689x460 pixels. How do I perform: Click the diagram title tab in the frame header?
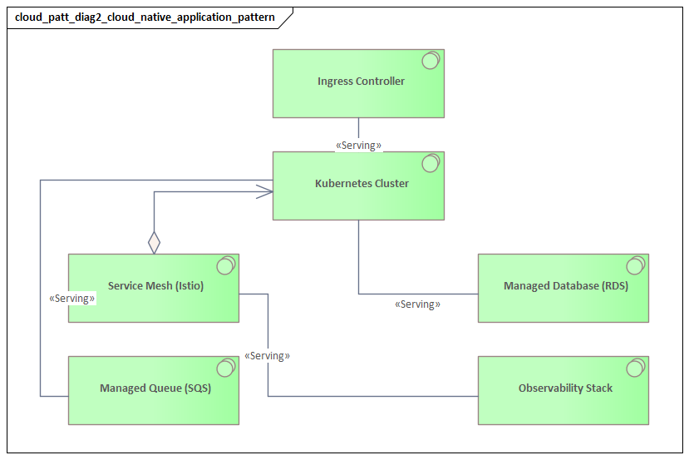145,17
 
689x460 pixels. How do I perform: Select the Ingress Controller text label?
361,82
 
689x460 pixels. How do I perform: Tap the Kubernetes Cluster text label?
362,184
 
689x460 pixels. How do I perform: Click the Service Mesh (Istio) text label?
155,286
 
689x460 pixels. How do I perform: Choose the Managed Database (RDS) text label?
565,286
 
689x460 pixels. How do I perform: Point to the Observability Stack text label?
565,388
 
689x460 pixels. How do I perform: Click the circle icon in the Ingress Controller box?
431,61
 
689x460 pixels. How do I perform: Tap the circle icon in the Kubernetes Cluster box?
431,163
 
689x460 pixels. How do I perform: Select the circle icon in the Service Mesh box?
225,265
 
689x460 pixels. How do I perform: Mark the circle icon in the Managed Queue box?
225,368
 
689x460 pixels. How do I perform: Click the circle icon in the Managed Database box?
635,265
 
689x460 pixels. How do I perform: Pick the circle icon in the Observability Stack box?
635,368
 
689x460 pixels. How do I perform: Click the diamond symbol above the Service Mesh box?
154,243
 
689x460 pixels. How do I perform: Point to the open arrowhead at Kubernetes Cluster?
266,192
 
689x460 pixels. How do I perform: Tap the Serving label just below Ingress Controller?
358,146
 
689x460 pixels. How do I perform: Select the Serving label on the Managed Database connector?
417,304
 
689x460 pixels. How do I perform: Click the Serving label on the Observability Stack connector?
267,356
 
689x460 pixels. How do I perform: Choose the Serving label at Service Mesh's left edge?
72,298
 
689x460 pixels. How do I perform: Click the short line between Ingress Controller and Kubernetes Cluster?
358,128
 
